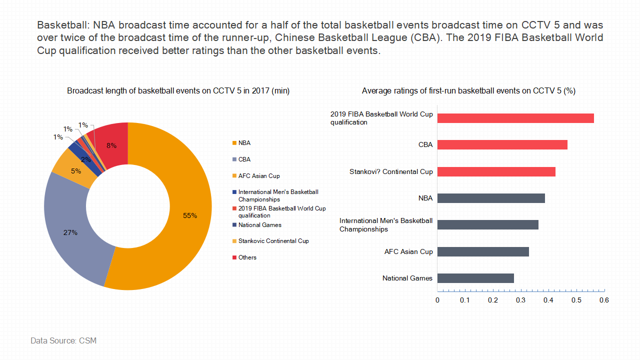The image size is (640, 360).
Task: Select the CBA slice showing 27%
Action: [70, 232]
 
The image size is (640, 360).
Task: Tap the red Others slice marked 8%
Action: [111, 145]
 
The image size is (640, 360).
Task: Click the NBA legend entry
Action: [244, 143]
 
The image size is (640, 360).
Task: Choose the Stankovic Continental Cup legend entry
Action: [273, 241]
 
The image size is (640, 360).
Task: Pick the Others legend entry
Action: [247, 257]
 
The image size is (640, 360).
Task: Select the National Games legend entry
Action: [259, 225]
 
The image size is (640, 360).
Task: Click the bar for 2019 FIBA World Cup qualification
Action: [515, 118]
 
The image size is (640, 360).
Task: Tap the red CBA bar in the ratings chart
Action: [502, 144]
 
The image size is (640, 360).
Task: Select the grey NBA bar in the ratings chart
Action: [491, 198]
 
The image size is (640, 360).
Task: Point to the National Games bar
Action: [475, 278]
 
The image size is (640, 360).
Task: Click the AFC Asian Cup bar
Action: [483, 251]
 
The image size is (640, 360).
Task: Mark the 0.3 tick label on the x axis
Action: [521, 300]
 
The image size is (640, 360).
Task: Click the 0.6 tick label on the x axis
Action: [604, 300]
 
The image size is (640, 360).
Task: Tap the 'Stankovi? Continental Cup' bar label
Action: [391, 171]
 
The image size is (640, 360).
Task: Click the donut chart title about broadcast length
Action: [178, 91]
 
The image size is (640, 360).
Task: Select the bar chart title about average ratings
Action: [468, 91]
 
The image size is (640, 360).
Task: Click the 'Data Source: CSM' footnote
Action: [63, 340]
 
